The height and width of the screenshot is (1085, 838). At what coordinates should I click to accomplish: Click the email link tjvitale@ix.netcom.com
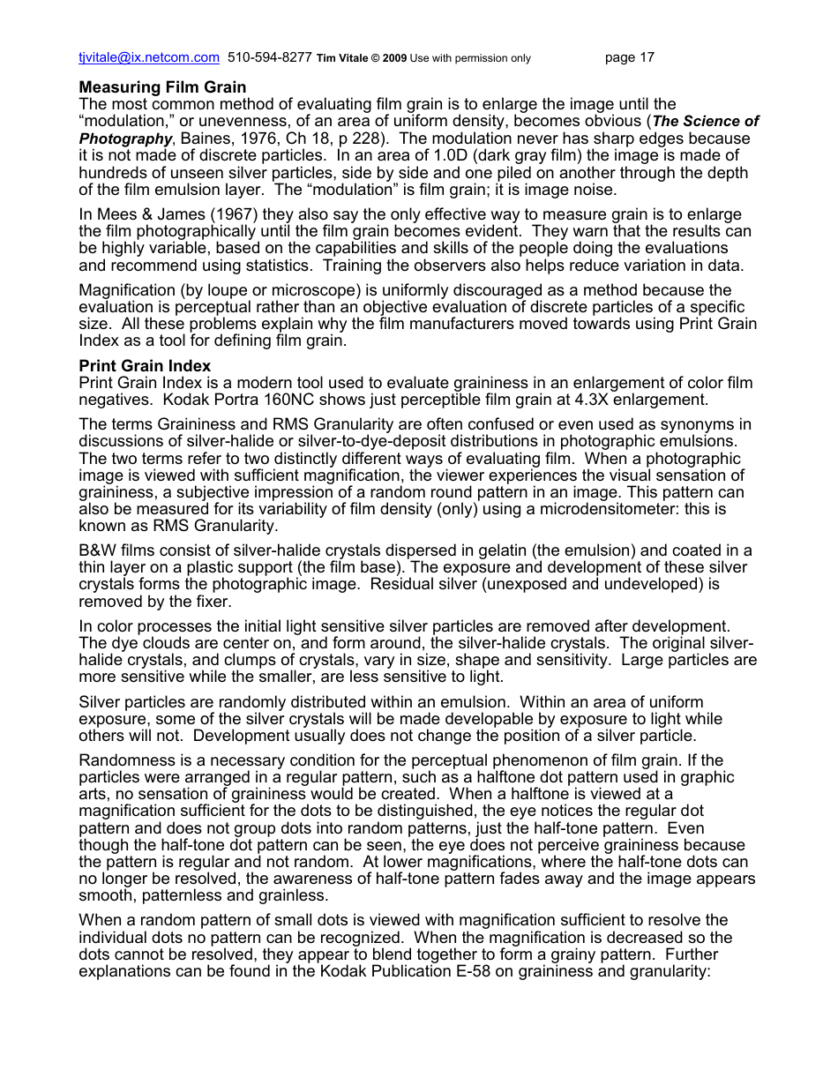[149, 58]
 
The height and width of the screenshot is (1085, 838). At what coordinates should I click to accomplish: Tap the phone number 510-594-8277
[269, 58]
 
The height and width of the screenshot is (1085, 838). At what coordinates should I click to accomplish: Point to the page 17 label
[630, 58]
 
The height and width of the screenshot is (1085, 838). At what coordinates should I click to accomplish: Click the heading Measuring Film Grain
[162, 87]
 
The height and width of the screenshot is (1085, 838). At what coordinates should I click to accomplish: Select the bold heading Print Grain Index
[145, 365]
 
